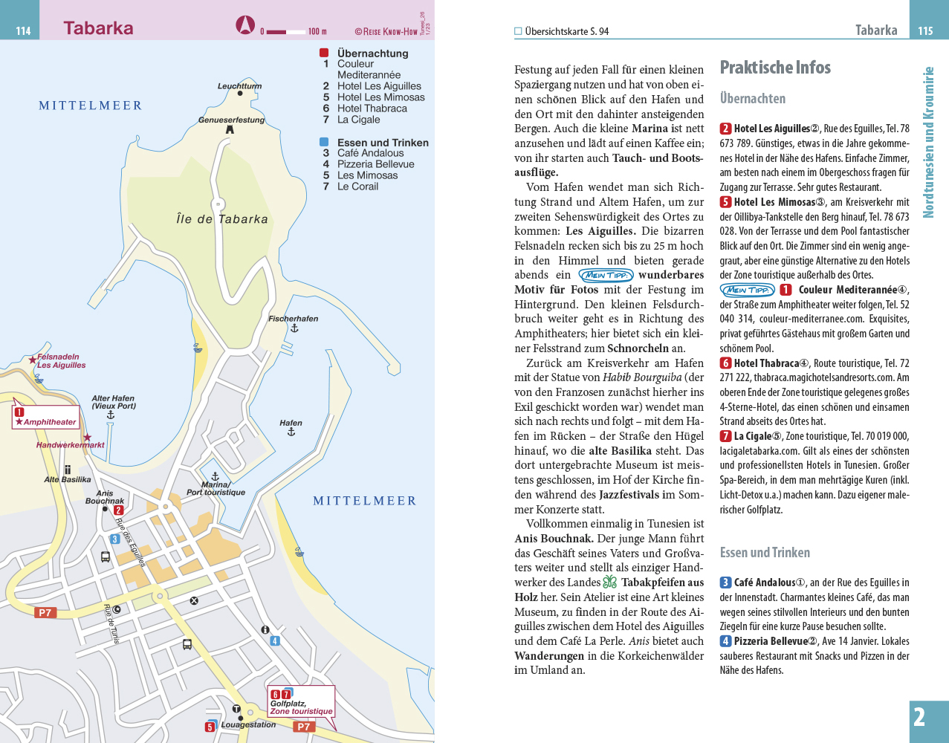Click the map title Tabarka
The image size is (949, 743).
[98, 28]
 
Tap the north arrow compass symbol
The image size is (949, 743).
[245, 25]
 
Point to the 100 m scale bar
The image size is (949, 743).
[286, 31]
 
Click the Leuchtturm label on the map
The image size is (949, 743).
[239, 86]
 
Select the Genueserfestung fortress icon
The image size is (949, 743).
[230, 129]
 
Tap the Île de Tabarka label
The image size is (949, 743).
[222, 219]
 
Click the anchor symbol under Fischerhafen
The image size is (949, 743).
[294, 328]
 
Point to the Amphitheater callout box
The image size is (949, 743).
[45, 418]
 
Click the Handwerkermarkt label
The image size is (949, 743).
[71, 445]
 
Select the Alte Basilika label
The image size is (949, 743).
[68, 479]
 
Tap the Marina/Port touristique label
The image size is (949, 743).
[216, 488]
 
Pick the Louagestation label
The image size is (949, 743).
[248, 724]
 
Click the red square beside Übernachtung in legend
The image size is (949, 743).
[324, 53]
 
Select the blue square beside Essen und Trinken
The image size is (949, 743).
[324, 142]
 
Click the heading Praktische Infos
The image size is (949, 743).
[775, 68]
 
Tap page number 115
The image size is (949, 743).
[925, 30]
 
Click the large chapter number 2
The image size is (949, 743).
[919, 718]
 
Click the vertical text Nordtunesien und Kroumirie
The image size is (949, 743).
[928, 143]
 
